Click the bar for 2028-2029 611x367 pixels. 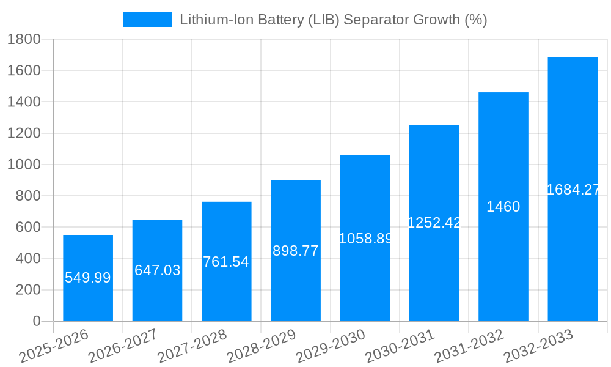click(x=296, y=281)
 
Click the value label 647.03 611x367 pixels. click(x=157, y=270)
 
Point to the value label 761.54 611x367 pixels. click(x=226, y=262)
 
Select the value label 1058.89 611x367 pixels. click(x=365, y=239)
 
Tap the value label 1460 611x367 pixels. click(x=503, y=207)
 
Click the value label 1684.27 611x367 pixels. click(x=573, y=190)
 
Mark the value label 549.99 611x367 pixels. click(x=88, y=278)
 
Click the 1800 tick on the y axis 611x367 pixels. click(x=24, y=39)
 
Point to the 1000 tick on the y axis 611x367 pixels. click(x=24, y=165)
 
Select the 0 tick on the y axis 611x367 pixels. click(x=36, y=321)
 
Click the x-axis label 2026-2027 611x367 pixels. click(x=123, y=346)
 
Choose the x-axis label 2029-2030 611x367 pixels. click(x=331, y=346)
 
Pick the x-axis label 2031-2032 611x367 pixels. click(x=469, y=346)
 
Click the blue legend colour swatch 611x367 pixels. click(x=148, y=20)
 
